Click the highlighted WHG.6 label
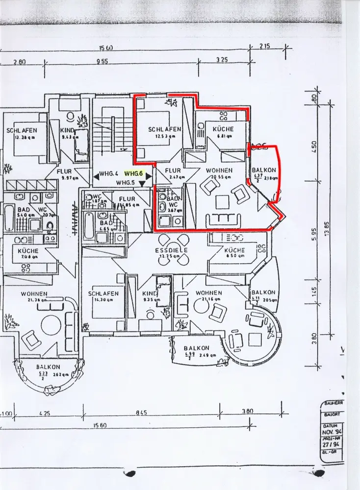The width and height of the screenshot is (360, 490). pos(133,173)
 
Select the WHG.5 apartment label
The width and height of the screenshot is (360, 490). pos(125,183)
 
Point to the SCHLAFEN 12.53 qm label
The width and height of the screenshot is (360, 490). pos(165,129)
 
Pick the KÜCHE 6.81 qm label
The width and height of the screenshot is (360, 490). pos(223,129)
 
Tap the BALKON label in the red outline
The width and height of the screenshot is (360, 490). pos(264,170)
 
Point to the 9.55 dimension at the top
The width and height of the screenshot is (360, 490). pos(102,62)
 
